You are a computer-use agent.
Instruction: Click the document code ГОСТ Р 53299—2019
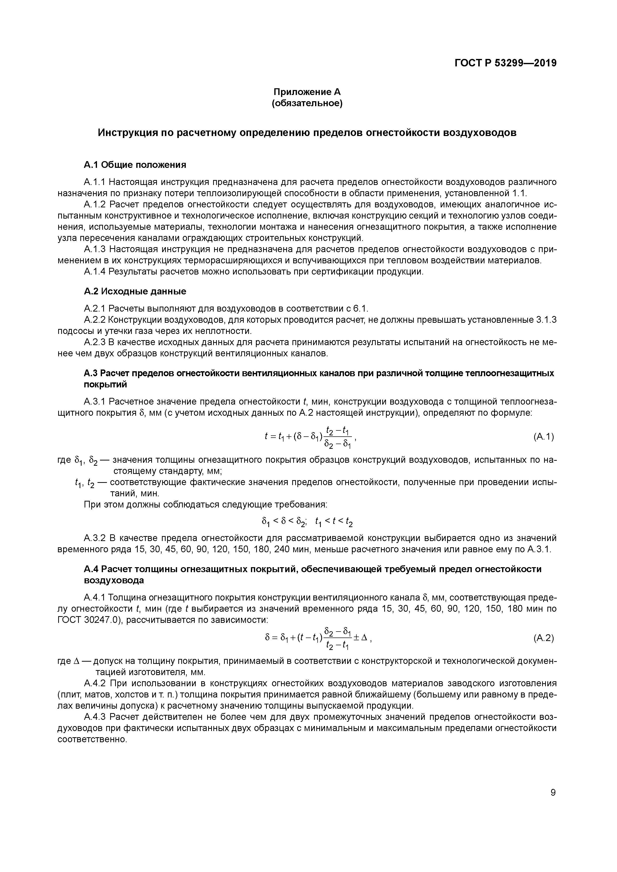tap(505, 63)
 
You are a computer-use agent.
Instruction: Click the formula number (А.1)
tap(544, 437)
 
